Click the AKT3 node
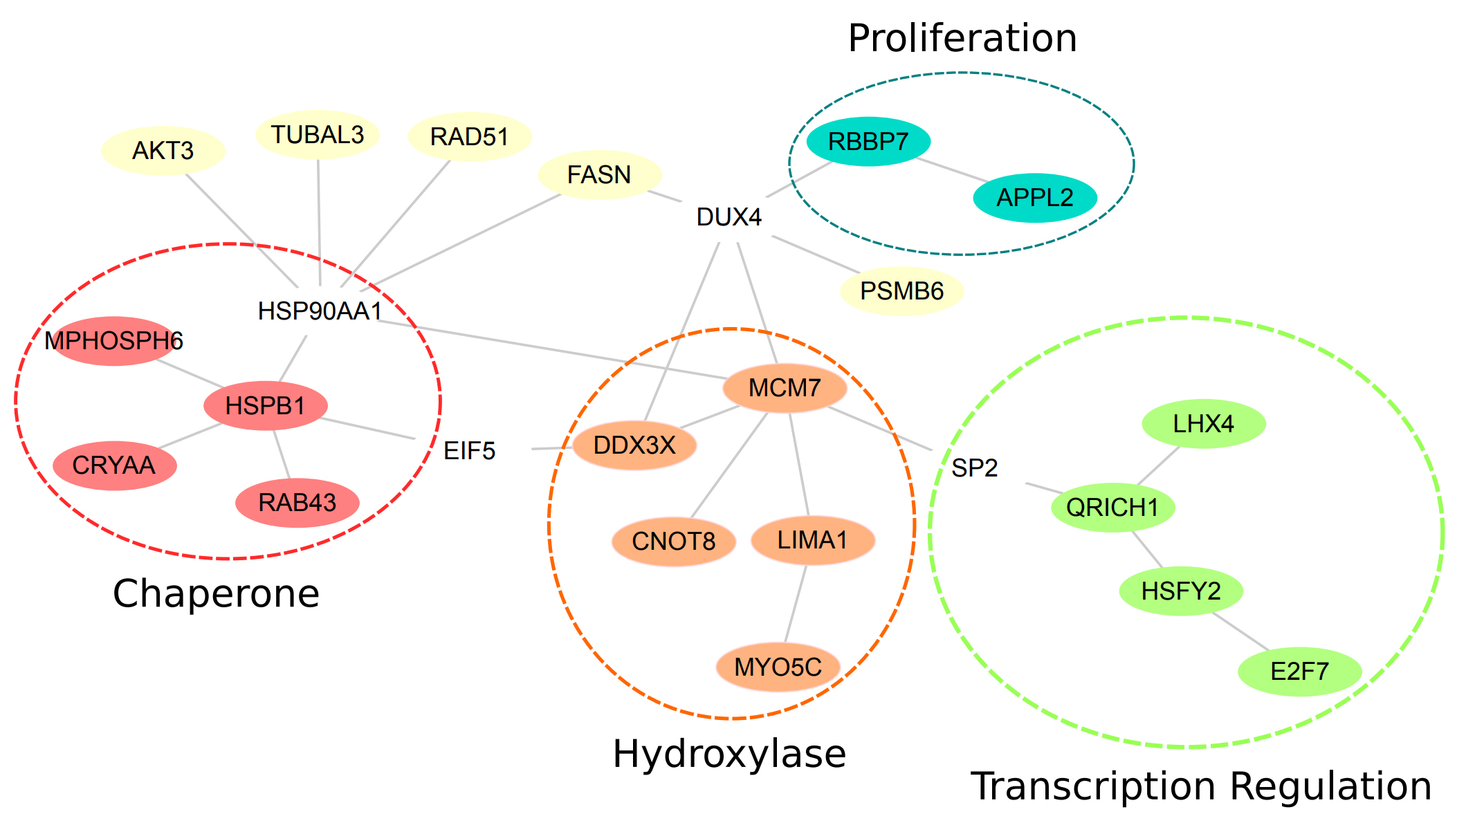click(163, 151)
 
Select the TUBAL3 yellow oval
click(318, 135)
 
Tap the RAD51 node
click(470, 137)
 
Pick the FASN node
click(599, 175)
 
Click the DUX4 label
click(729, 217)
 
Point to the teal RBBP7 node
click(868, 142)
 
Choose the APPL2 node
click(1035, 198)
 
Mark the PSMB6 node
click(901, 291)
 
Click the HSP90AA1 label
click(320, 311)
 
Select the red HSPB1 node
click(266, 406)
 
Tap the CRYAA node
click(114, 465)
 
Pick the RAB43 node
click(297, 503)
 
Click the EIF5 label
click(470, 451)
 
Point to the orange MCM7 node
click(785, 388)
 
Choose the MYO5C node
click(778, 667)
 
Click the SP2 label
click(974, 468)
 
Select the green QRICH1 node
click(1112, 508)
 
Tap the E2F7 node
click(1299, 672)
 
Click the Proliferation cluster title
click(962, 38)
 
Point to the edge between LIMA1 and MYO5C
click(796, 604)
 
